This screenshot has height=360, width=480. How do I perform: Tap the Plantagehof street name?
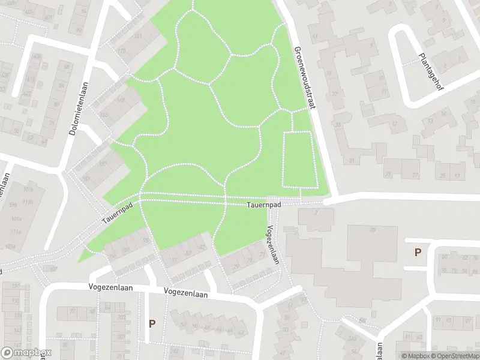tap(428, 71)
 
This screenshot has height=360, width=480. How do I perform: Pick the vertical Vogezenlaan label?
tap(272, 245)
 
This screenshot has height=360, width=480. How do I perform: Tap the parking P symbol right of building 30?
tap(418, 253)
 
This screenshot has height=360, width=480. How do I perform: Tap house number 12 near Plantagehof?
tap(394, 124)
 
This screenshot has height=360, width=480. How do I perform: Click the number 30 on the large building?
tap(372, 229)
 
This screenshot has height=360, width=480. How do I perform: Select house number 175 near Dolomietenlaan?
tap(123, 51)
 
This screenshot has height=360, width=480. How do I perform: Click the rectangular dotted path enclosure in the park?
tap(298, 159)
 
